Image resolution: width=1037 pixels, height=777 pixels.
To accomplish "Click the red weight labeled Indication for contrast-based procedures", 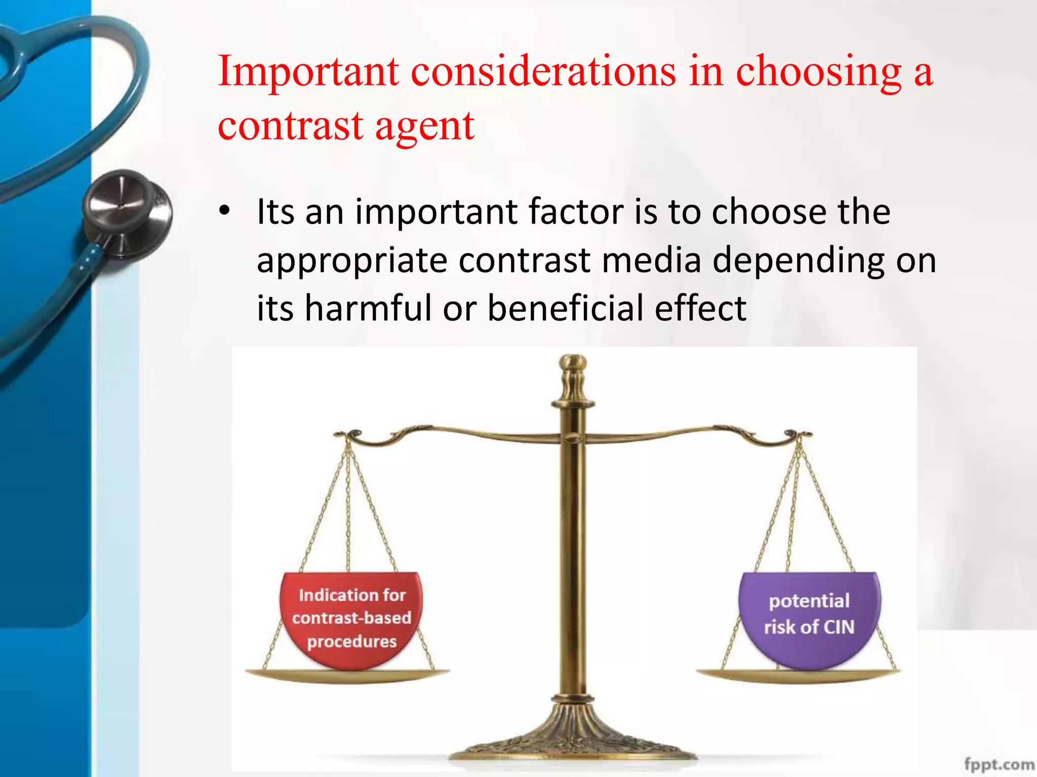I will tap(351, 619).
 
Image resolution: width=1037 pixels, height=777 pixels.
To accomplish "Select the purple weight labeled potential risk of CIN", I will tap(809, 619).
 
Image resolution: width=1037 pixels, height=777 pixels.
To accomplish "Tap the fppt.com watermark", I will tap(999, 763).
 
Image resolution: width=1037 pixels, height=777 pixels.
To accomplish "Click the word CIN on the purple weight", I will tap(839, 627).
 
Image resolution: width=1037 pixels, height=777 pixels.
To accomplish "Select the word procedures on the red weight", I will tap(352, 641).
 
